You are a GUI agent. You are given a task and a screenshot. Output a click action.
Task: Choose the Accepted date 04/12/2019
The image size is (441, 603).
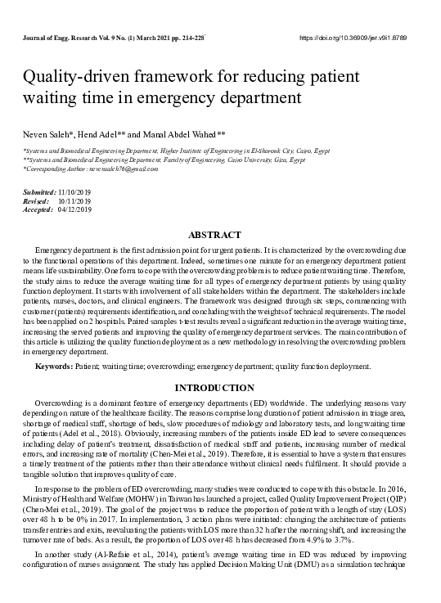76,208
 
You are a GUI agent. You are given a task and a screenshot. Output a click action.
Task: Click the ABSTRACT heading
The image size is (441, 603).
220,234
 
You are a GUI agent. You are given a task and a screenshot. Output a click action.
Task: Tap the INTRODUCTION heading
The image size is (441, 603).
220,387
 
